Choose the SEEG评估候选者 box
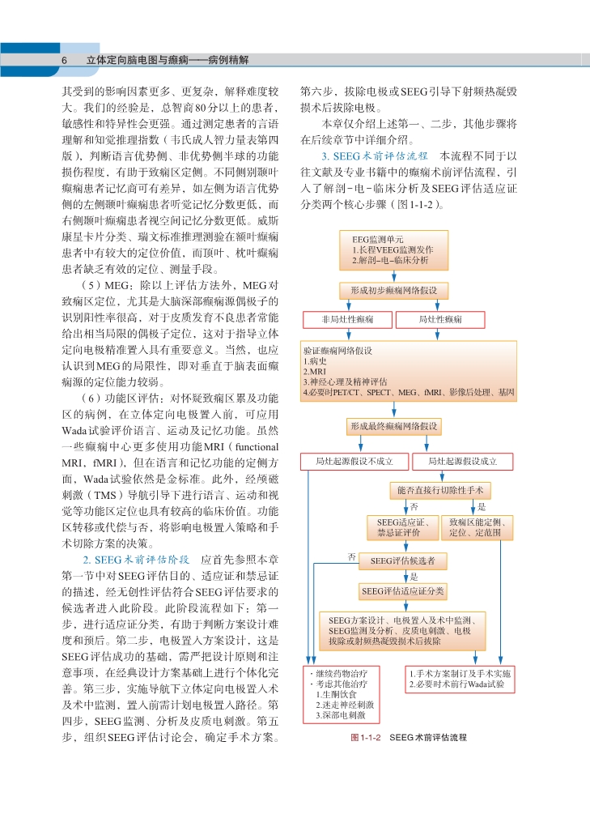(x=402, y=560)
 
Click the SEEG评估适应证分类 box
(x=402, y=590)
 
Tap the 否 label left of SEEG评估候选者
(x=351, y=556)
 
